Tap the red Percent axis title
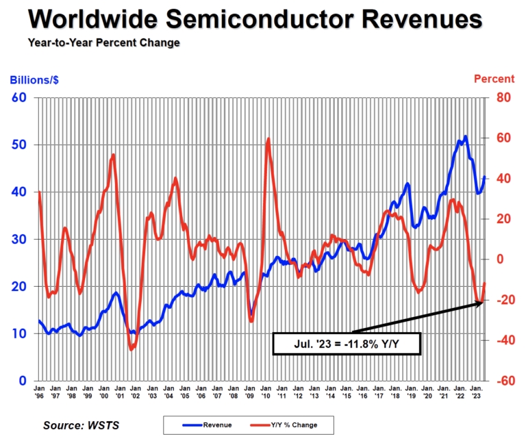tap(494, 79)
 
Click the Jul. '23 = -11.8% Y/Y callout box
tap(347, 344)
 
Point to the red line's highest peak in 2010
tap(268, 139)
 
